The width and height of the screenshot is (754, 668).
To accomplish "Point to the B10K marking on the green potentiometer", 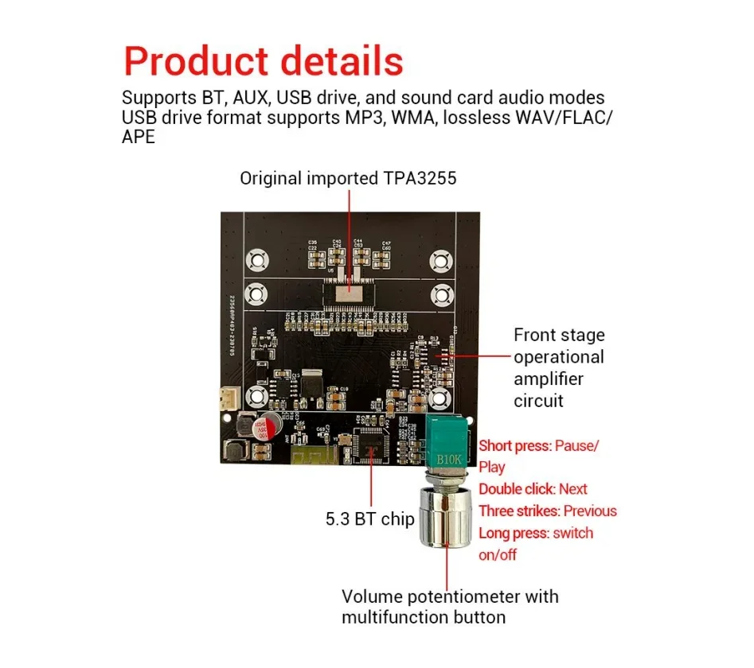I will coord(448,459).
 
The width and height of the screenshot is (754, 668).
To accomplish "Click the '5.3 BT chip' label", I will coord(369,519).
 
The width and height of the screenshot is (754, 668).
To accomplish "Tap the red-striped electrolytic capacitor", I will coord(265,430).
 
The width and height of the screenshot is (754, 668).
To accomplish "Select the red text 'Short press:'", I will coord(514,445).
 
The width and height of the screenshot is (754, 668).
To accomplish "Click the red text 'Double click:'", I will coord(517,489).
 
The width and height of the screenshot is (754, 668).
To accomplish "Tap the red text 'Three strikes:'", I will coord(519,511).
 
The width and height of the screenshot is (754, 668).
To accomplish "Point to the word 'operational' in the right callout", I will coord(558,357).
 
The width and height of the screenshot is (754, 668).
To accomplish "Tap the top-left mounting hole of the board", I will coord(257,259).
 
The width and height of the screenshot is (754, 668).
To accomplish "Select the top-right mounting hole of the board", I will coord(440,259).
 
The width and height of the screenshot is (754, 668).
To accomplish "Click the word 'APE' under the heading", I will coord(139,137).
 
